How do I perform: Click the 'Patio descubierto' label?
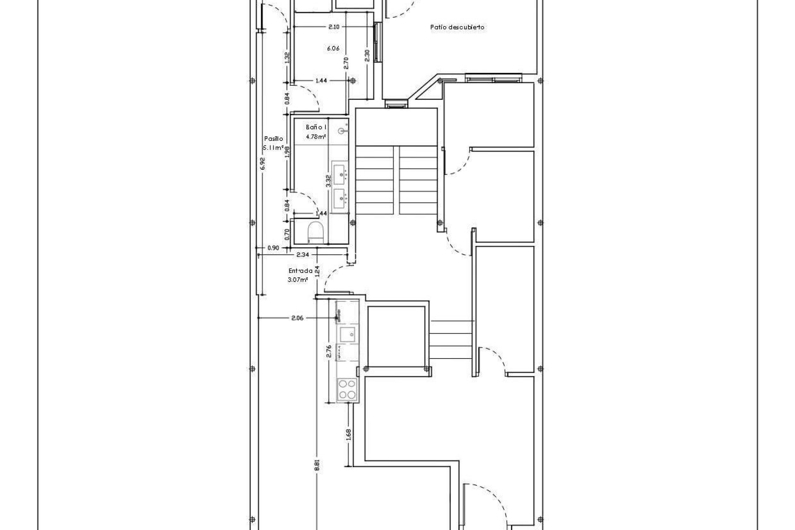457,27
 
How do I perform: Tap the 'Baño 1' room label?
316,128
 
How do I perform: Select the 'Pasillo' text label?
274,139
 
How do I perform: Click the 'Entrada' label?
301,271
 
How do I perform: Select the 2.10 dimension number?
334,27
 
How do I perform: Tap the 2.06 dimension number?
297,318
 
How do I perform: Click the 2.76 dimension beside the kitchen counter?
329,351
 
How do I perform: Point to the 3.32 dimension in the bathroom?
328,181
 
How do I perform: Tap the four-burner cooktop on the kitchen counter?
347,389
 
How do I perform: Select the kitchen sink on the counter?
347,333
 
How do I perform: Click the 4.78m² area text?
316,136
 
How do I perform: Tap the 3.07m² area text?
298,280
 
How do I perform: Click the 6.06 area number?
333,48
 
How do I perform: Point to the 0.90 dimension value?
273,248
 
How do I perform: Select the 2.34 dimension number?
302,255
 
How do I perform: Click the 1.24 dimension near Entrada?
318,271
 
